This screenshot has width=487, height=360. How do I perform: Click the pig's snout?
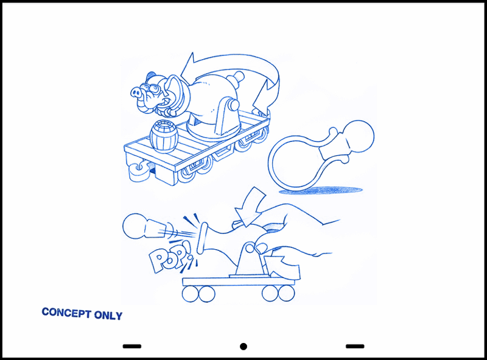click(136, 92)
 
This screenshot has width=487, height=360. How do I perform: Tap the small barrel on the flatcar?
click(164, 137)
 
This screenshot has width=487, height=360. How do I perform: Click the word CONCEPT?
click(66, 312)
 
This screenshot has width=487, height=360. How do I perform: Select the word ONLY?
click(108, 316)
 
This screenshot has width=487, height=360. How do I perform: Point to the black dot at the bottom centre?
click(243, 347)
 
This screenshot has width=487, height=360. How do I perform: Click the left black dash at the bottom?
click(132, 346)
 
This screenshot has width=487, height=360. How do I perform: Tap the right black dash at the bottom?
click(355, 346)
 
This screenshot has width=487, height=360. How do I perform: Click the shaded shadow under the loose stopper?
click(321, 190)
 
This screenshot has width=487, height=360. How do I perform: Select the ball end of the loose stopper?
click(359, 136)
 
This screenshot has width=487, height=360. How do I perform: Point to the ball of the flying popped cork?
click(134, 226)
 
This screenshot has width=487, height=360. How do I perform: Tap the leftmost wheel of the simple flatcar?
click(190, 294)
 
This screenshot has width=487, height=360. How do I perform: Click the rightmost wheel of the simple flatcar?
click(286, 294)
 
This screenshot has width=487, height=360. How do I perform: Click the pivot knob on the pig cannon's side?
click(234, 105)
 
